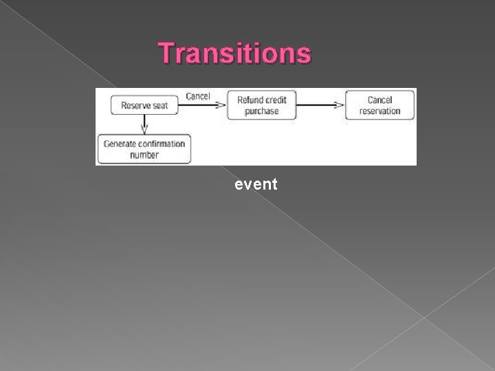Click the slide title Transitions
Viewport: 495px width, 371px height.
(x=234, y=53)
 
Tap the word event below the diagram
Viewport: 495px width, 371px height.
(x=256, y=183)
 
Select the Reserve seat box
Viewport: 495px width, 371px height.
(x=144, y=105)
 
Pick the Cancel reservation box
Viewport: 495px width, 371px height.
(x=379, y=105)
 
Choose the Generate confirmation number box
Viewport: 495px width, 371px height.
(x=144, y=149)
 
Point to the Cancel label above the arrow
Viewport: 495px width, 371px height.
(x=198, y=96)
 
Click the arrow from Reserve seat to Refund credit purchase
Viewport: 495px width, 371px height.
(x=206, y=105)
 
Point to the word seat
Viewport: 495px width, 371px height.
(x=161, y=105)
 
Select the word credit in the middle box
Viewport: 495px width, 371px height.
(x=275, y=100)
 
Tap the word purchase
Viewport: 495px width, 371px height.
(x=261, y=111)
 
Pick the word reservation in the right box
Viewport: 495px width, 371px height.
(x=379, y=111)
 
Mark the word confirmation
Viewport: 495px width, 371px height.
(x=162, y=144)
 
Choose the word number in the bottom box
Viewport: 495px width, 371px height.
(x=144, y=155)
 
